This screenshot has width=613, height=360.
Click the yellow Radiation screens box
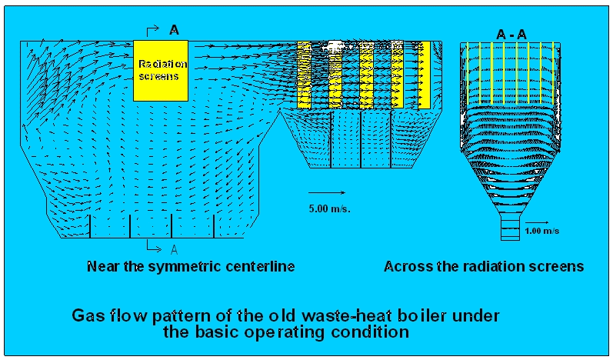click(162, 70)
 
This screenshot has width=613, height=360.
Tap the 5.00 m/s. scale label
click(329, 208)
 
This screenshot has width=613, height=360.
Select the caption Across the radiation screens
click(484, 267)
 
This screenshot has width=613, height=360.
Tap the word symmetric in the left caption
click(190, 267)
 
